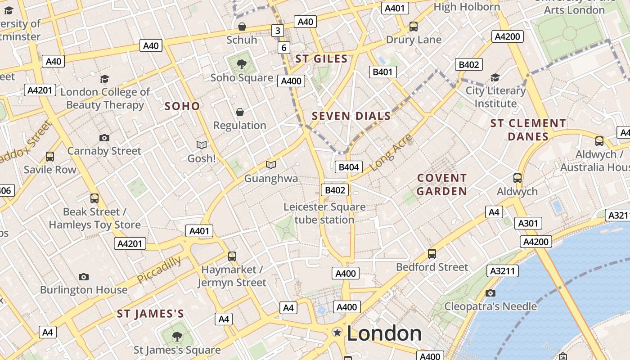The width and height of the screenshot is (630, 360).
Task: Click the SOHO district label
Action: [x=182, y=106]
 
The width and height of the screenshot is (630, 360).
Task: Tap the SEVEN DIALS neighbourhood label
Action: [x=351, y=116]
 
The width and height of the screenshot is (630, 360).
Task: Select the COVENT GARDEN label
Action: [x=442, y=184]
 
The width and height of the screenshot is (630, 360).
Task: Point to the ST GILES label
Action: [x=321, y=59]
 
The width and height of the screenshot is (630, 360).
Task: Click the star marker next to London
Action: [x=337, y=332]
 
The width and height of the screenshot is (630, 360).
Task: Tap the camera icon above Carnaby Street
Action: [x=104, y=138]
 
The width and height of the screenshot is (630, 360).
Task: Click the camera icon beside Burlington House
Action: [x=83, y=277]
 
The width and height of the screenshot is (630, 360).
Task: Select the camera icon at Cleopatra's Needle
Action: [x=490, y=293]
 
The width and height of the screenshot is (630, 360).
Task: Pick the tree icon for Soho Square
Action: [x=242, y=64]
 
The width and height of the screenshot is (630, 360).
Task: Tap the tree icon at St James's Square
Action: [x=177, y=336]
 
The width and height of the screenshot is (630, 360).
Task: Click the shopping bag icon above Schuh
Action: [x=242, y=27]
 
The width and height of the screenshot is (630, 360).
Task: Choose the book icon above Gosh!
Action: [x=202, y=145]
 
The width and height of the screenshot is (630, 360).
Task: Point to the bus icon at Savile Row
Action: [x=50, y=157]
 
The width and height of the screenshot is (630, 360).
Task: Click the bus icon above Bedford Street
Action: [x=432, y=254]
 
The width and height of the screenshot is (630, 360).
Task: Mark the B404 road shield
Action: [x=349, y=167]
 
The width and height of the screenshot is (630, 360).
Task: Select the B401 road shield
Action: [x=383, y=72]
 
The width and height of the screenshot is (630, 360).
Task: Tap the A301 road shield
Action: [x=528, y=223]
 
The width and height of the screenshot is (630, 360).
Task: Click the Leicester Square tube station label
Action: [x=324, y=213]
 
